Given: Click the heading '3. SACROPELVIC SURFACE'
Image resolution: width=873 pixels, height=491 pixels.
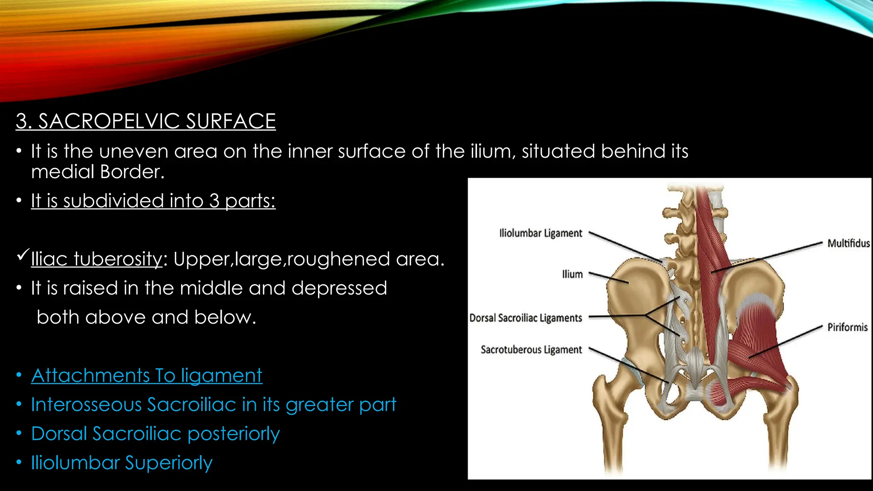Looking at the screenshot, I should (146, 121).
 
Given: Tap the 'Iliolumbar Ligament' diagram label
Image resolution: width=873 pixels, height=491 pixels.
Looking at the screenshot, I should (541, 233).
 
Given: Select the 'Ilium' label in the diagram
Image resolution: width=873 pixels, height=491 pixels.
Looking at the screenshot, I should (572, 274).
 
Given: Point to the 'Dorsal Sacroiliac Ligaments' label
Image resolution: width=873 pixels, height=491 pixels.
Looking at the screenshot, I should (526, 318).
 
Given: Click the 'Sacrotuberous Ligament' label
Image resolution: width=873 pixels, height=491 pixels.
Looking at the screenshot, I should (531, 349).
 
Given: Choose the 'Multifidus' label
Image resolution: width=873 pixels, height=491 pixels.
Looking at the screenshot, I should (848, 243).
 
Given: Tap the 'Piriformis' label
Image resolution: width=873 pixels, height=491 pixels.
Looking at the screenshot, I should (847, 327).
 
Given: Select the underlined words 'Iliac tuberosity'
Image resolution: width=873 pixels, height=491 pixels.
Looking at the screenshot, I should (97, 259).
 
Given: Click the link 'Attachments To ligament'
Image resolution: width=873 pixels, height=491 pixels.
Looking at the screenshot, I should (147, 375).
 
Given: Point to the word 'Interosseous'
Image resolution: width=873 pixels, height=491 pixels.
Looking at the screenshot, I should (86, 404).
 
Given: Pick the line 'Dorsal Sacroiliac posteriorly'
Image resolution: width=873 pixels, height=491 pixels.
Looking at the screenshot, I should (155, 434).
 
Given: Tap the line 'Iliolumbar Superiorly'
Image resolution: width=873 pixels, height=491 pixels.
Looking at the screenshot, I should (121, 463).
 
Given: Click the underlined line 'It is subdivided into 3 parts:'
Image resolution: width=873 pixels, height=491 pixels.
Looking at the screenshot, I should (153, 201).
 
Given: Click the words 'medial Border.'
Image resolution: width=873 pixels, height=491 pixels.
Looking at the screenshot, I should (98, 172).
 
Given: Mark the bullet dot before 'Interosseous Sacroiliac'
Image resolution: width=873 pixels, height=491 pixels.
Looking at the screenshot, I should (19, 404).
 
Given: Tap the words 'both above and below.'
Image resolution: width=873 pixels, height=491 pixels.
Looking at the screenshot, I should (146, 318).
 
